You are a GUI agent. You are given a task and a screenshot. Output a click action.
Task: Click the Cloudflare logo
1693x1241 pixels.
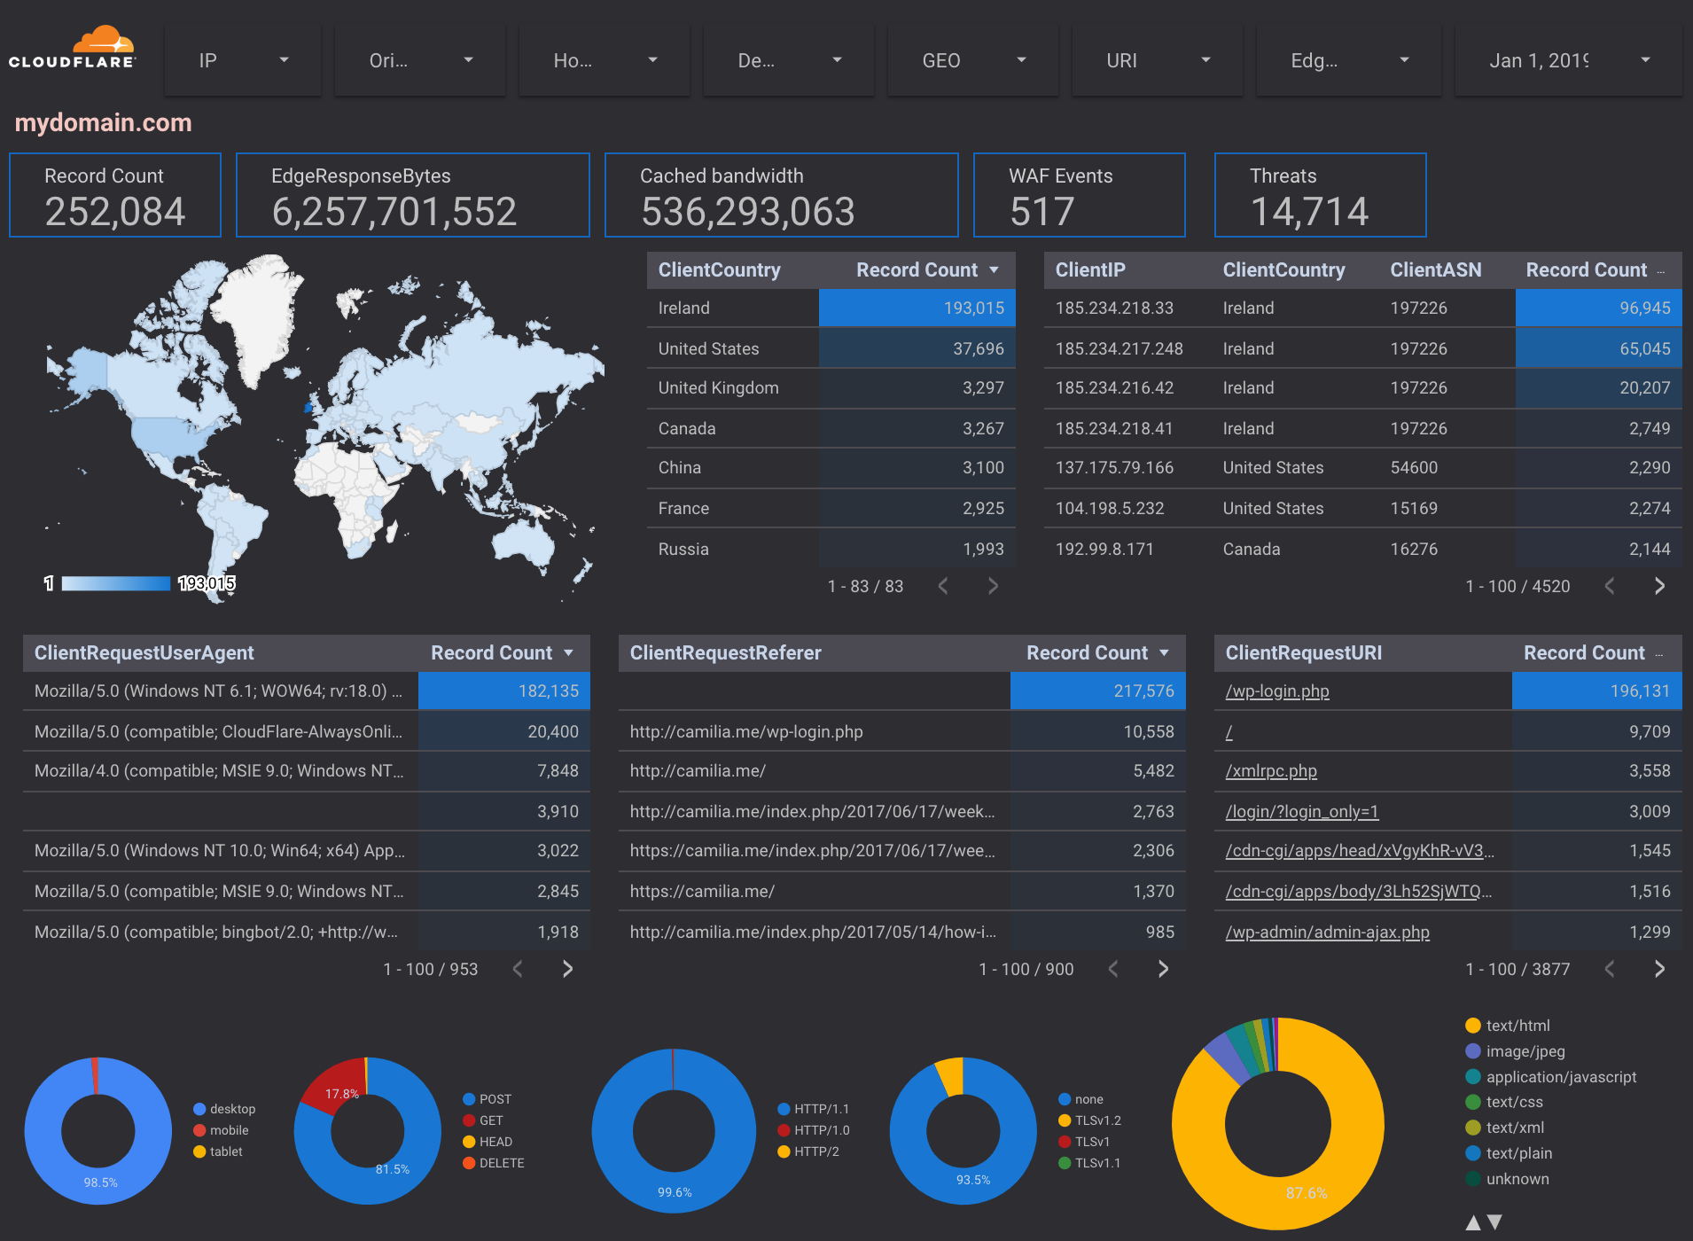(x=73, y=49)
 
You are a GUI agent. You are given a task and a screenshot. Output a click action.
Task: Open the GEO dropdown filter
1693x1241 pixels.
(x=973, y=60)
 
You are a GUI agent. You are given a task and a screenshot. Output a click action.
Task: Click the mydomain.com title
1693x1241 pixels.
(x=103, y=122)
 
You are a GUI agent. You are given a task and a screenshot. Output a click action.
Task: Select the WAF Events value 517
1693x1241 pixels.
(x=1042, y=212)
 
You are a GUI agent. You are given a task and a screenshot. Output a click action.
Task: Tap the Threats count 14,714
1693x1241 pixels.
(x=1309, y=212)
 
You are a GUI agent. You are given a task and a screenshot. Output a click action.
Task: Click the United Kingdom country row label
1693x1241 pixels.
(x=718, y=388)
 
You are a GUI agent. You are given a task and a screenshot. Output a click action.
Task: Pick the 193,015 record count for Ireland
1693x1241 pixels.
(x=973, y=308)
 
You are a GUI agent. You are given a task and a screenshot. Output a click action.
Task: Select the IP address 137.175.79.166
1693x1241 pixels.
(x=1114, y=468)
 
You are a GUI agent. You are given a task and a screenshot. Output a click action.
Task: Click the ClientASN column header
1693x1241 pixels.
(x=1435, y=270)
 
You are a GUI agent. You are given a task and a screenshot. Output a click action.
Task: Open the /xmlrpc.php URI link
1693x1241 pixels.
(x=1270, y=771)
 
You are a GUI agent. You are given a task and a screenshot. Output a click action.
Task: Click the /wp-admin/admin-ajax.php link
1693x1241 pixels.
(x=1327, y=933)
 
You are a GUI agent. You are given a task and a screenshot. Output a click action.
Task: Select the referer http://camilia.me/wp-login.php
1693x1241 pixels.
(x=745, y=732)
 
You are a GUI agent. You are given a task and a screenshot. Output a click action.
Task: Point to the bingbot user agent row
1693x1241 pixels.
(x=215, y=933)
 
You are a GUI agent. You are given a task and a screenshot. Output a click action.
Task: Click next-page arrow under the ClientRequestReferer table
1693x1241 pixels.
(x=1163, y=969)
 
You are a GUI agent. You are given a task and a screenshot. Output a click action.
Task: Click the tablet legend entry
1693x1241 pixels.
(x=225, y=1151)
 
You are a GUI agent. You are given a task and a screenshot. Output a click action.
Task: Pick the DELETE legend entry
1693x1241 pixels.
(x=501, y=1163)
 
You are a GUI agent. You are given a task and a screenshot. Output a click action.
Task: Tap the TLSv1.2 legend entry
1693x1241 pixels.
(x=1097, y=1120)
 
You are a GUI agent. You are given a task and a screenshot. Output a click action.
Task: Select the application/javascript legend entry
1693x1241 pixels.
(x=1560, y=1077)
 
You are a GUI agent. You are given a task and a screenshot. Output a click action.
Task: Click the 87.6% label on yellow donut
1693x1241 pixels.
(x=1307, y=1193)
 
